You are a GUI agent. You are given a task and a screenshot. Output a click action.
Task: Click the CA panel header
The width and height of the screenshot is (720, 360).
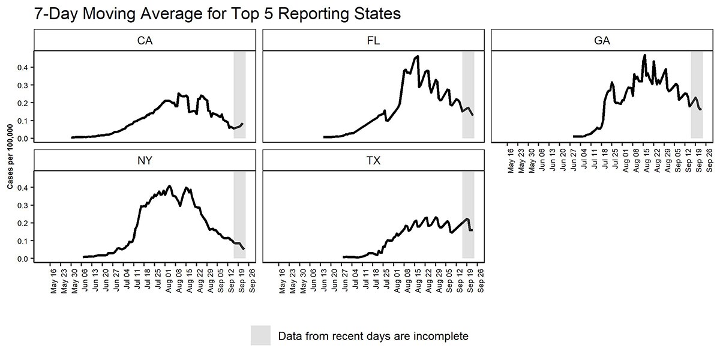click(x=144, y=41)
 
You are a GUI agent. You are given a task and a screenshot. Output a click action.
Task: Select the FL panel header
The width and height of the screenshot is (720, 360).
click(x=373, y=41)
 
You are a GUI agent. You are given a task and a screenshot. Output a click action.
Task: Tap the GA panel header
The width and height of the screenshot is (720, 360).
click(x=602, y=41)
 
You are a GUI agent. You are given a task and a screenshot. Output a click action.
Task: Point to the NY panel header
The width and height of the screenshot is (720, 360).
click(x=144, y=161)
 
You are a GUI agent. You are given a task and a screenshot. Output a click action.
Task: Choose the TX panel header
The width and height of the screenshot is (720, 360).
click(x=373, y=161)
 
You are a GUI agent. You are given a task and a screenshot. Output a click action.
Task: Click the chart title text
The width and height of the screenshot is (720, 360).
click(x=217, y=14)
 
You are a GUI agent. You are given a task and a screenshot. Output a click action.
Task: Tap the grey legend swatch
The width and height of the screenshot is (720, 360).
click(x=261, y=335)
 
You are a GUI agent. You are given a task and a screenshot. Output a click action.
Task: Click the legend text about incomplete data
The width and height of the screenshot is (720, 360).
click(x=373, y=336)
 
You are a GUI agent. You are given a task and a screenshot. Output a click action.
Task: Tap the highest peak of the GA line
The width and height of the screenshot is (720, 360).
click(x=644, y=55)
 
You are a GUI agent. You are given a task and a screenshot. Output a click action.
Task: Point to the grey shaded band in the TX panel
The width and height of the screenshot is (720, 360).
click(x=468, y=215)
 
